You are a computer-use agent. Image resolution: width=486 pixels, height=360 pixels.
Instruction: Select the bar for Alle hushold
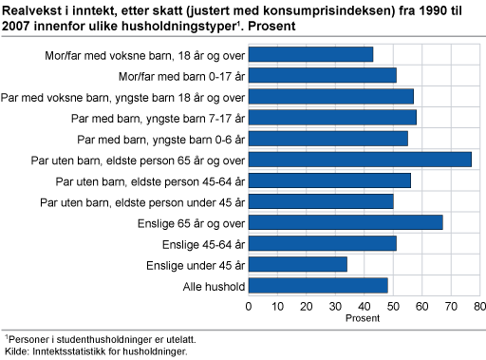click(x=318, y=285)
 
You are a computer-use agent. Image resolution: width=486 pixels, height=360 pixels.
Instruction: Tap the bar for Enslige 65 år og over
click(x=346, y=222)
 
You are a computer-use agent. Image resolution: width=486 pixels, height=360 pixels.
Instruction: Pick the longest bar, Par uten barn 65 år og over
click(x=360, y=160)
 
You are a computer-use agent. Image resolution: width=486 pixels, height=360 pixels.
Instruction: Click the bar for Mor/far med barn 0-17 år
click(x=322, y=75)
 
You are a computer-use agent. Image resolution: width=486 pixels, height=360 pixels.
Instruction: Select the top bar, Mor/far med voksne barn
click(x=310, y=54)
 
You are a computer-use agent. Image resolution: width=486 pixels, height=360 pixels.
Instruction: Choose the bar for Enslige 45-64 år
click(x=322, y=243)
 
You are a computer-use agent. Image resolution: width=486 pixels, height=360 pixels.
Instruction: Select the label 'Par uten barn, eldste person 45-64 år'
click(x=148, y=180)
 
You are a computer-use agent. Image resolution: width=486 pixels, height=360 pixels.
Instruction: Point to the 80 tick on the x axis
click(x=480, y=307)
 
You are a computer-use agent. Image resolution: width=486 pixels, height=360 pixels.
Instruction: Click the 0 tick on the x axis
click(x=249, y=307)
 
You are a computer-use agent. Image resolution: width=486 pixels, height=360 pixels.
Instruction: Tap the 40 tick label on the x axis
click(x=364, y=307)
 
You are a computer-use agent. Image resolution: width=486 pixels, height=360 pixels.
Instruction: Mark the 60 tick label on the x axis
click(x=422, y=307)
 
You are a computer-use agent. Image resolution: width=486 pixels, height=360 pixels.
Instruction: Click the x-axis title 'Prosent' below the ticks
click(x=364, y=318)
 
